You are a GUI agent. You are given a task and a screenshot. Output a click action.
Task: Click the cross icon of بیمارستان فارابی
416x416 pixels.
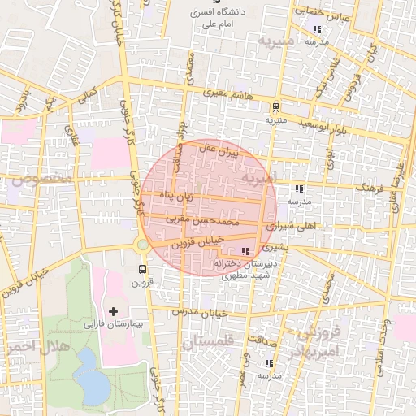coord(113,311)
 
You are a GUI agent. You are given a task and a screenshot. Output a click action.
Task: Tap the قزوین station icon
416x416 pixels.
coord(143,269)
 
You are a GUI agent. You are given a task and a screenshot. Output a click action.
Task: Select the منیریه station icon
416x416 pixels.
coord(275,106)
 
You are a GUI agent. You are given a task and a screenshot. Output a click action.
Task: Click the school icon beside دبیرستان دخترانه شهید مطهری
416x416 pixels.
coord(245,251)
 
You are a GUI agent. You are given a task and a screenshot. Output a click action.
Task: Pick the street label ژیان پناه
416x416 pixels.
coord(175,196)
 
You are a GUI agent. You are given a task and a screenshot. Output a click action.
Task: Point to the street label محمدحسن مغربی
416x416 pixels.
coord(203,219)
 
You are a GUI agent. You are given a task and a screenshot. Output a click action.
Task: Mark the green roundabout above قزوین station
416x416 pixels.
coord(143,245)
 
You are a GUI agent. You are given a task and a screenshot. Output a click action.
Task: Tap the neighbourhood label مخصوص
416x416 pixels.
coord(40,178)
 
